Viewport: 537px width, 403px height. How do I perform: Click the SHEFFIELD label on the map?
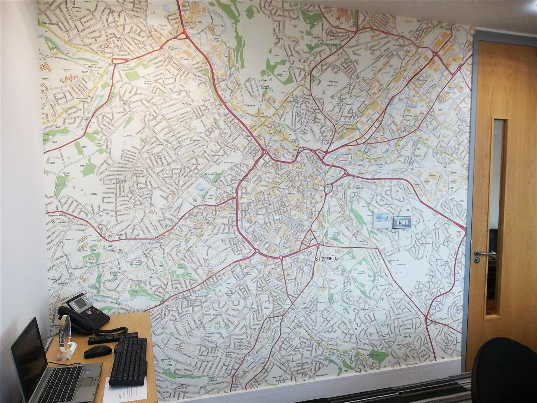[x=326, y=259]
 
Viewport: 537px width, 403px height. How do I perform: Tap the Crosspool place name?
[x=59, y=222]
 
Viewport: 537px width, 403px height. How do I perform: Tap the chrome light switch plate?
[x=402, y=222]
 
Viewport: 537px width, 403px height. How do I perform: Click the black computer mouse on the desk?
[x=97, y=351]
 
